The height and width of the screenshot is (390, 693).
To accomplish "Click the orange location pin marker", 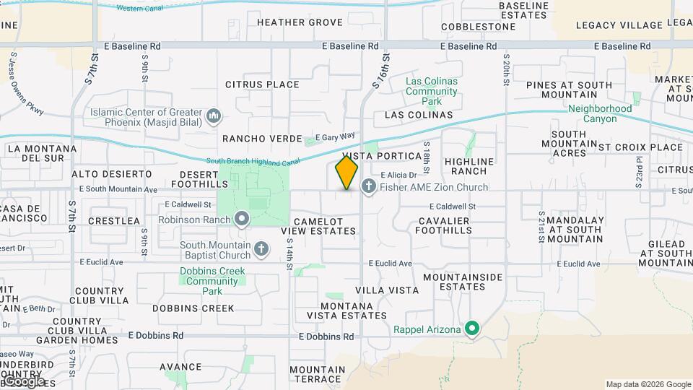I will coord(347,173).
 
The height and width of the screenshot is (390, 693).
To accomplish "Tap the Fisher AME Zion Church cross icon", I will coord(368,187).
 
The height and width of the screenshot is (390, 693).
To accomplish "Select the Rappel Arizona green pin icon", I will coord(473,329).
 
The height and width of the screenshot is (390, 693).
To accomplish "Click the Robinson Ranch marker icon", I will coord(241,217).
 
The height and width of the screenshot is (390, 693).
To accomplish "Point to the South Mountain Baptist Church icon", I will coord(261,250).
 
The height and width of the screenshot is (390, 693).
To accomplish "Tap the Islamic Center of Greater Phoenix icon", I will coord(214,116).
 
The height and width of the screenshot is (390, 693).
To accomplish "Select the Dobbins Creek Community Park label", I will coord(212,281).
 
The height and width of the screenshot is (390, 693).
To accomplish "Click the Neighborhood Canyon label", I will coord(600,113).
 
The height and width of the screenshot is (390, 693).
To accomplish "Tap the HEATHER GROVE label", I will coord(300,22).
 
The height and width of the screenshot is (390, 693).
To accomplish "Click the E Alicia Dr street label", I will coord(398,175).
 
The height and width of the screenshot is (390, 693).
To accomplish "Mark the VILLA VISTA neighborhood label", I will coord(387,290).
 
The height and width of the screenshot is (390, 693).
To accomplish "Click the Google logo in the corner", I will coord(24,381).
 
